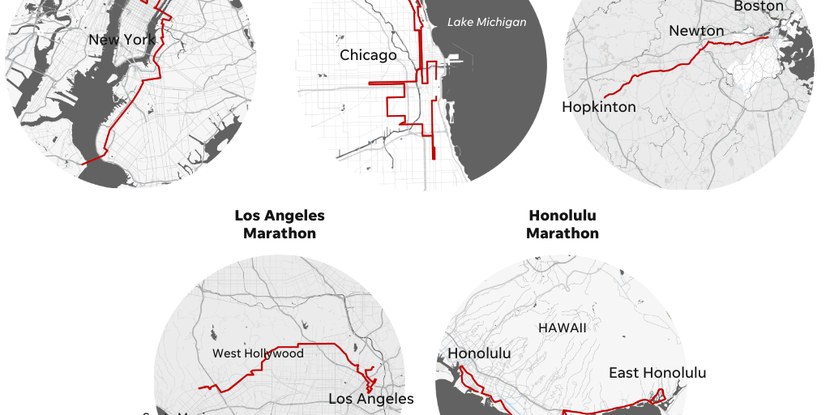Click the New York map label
tap(122, 40)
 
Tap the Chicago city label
tap(368, 55)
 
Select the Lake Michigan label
tap(486, 22)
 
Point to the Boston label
tap(759, 6)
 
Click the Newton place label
tap(696, 31)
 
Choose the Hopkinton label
tap(599, 107)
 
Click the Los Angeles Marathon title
tap(280, 225)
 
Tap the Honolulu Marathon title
tap(563, 225)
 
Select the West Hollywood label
tap(258, 353)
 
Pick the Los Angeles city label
tap(371, 399)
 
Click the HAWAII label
tap(562, 328)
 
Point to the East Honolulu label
tap(657, 373)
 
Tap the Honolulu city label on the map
tap(479, 353)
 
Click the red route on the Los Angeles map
tap(308, 344)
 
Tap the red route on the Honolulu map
tap(616, 405)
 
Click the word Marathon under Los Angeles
tap(280, 233)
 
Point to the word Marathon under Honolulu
tap(563, 233)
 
